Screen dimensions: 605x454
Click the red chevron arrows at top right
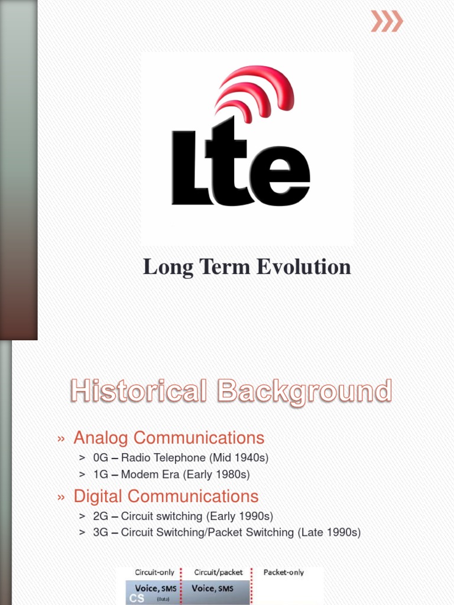point(387,21)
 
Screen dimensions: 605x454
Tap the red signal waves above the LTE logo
point(254,92)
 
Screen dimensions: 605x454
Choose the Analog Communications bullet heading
point(168,438)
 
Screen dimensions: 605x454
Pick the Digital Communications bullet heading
point(166,496)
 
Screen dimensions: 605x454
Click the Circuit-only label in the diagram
point(155,573)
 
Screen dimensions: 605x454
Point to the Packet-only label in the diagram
point(284,573)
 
